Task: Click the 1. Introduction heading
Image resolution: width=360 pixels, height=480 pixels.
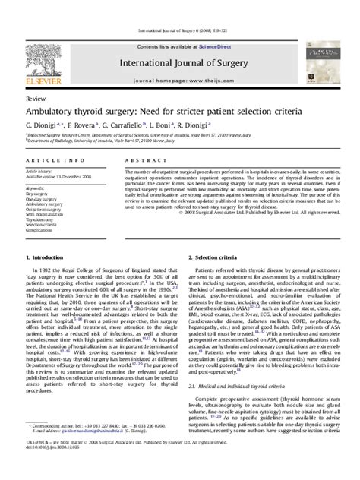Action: coord(43,260)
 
